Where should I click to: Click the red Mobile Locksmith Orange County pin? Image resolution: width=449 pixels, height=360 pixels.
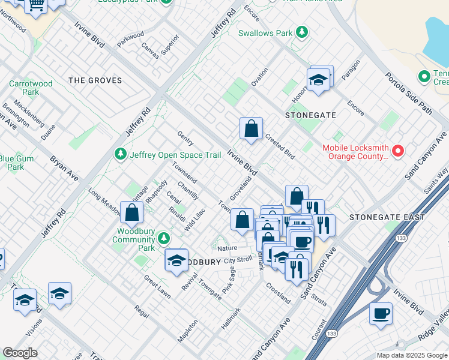(397, 152)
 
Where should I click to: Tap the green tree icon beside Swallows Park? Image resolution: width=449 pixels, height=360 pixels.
(303, 32)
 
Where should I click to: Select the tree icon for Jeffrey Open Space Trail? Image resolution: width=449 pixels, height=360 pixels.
(121, 155)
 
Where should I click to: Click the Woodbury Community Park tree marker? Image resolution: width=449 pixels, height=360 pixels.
(164, 239)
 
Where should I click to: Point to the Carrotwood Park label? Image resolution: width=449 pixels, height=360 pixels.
(31, 88)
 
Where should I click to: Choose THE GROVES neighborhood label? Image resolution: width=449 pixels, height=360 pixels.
(95, 80)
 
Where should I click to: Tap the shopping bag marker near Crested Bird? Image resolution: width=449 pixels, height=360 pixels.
(251, 128)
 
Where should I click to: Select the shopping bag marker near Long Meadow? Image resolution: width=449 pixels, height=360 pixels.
(131, 212)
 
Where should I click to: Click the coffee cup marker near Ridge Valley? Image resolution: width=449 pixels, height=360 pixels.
(381, 313)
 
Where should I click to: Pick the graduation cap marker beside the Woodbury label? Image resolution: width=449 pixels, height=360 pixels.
(176, 260)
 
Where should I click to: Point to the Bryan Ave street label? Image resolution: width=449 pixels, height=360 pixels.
(64, 169)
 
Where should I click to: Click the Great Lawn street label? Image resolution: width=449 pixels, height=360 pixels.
(157, 287)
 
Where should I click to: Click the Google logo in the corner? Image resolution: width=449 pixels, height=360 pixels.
(20, 353)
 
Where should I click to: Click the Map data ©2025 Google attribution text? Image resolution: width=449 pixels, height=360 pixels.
(411, 355)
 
